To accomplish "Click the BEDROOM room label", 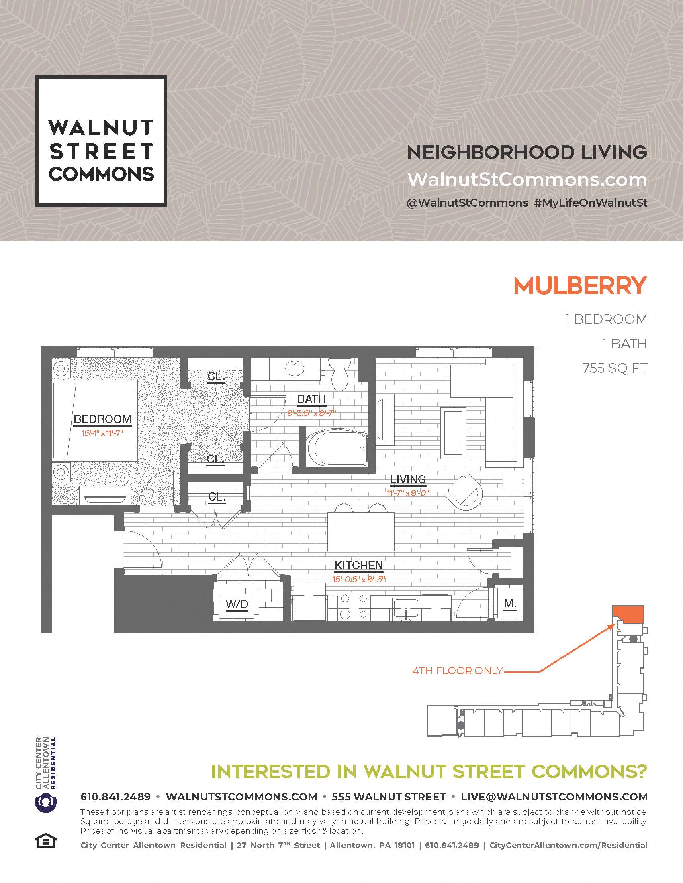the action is tap(102, 419).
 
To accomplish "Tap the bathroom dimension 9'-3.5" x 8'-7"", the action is tap(311, 413).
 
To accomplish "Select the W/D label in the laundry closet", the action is tap(237, 604).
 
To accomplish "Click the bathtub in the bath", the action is tap(338, 448).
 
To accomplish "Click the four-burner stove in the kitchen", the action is tap(354, 606).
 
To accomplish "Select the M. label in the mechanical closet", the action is tap(510, 603).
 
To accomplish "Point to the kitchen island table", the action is tap(360, 531).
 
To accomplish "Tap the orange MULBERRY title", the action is tap(580, 285).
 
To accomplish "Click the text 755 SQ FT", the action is tap(615, 368).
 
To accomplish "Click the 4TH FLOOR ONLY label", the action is tap(458, 671).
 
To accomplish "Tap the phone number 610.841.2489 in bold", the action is tap(115, 796).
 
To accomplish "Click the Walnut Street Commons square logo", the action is tap(101, 141).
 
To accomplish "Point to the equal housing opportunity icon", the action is tap(46, 842).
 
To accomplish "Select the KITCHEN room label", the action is tap(358, 565).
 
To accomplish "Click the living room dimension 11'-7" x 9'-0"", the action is tap(408, 493).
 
